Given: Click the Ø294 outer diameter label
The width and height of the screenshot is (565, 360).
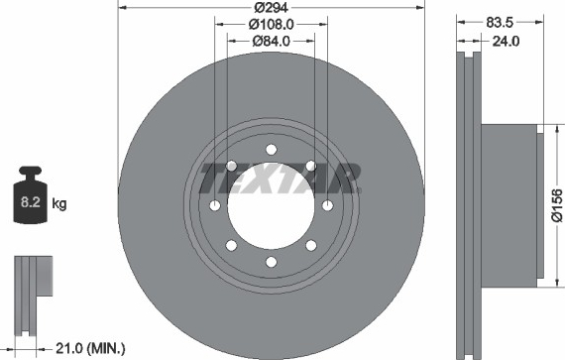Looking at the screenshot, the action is click(271, 7).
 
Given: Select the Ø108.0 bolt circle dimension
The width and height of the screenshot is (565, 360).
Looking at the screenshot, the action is click(271, 24).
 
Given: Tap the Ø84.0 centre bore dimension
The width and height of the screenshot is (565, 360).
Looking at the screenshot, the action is click(271, 41).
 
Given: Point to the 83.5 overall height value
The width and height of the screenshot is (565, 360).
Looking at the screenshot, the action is click(500, 23).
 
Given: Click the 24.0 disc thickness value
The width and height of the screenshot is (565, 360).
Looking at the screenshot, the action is click(506, 41).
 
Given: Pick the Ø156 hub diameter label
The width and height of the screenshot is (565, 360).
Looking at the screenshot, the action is click(557, 204).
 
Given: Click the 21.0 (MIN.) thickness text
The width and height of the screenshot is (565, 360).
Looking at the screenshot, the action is click(90, 348).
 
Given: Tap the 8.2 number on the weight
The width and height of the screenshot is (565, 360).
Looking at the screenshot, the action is click(31, 202).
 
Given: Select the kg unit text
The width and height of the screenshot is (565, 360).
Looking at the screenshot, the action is click(59, 203).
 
